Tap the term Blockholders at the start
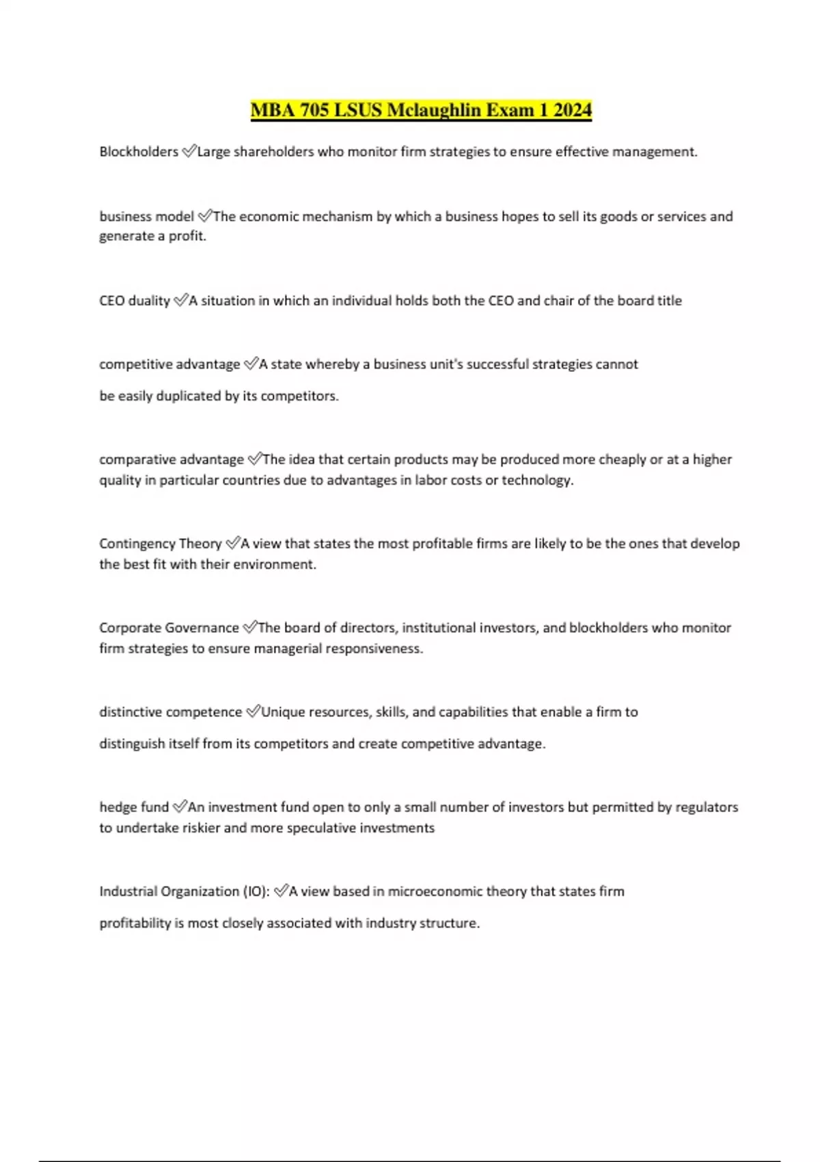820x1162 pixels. point(139,152)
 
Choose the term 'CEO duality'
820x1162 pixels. point(135,301)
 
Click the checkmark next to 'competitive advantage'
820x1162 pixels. point(250,364)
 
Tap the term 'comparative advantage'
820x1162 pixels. point(171,459)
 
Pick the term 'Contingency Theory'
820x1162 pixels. point(160,544)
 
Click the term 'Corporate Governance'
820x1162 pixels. point(169,628)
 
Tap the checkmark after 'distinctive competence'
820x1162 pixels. point(252,712)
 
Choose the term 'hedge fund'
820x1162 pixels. point(134,807)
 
